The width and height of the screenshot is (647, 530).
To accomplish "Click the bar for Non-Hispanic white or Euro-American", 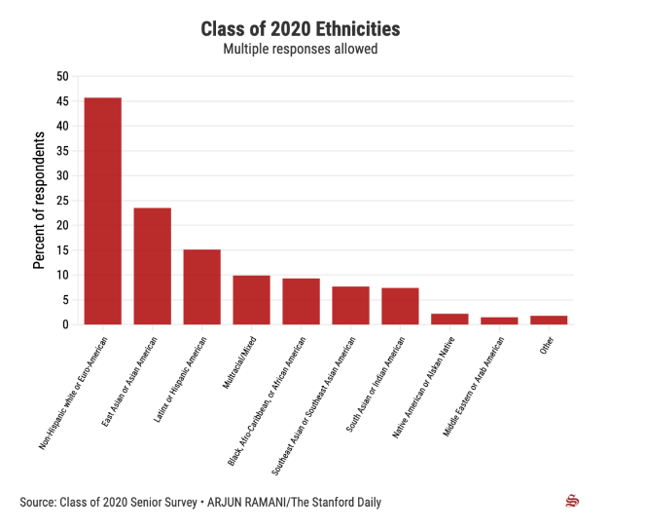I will coord(102,211).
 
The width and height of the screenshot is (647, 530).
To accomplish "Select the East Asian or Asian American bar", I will coord(152,266).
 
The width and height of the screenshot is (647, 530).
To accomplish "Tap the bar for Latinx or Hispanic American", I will coord(201,287).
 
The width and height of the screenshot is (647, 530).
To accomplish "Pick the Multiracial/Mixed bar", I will coord(251,300).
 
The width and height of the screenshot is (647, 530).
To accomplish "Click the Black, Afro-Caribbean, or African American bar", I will coord(301,302).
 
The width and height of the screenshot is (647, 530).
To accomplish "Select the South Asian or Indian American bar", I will coord(400,306).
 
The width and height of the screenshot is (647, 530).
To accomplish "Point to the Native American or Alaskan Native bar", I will coord(449,319).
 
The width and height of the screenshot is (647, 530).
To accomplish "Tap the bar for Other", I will coord(549,320).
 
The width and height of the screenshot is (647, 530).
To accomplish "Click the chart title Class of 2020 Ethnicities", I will coord(300,29).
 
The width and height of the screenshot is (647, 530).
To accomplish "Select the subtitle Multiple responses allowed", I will coord(300,49).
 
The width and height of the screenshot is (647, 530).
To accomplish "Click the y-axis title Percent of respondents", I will coord(40,200).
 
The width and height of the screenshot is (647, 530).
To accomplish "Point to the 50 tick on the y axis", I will coord(62,76).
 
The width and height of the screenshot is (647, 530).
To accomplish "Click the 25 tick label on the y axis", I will coord(62,200).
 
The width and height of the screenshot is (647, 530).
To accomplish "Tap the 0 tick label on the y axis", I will coord(65,324).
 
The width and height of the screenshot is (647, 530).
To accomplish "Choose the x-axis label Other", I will coord(547,347).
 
